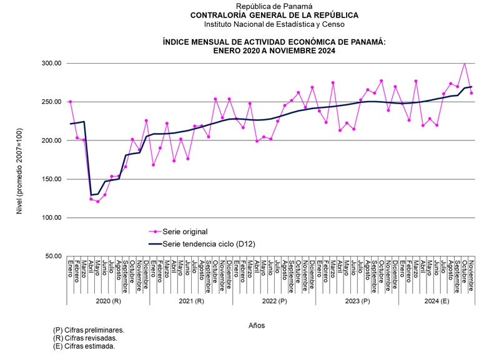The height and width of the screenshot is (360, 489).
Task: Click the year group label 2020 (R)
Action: pos(108,301)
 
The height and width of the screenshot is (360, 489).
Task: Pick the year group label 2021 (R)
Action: pos(191,301)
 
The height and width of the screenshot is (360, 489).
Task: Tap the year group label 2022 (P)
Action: pos(274,301)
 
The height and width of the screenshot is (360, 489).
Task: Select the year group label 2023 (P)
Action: pos(357,301)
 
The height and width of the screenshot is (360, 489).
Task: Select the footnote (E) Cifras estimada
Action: pos(84,346)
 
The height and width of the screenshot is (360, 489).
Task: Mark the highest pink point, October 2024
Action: pos(464,62)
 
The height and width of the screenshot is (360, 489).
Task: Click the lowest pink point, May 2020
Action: pos(98,202)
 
